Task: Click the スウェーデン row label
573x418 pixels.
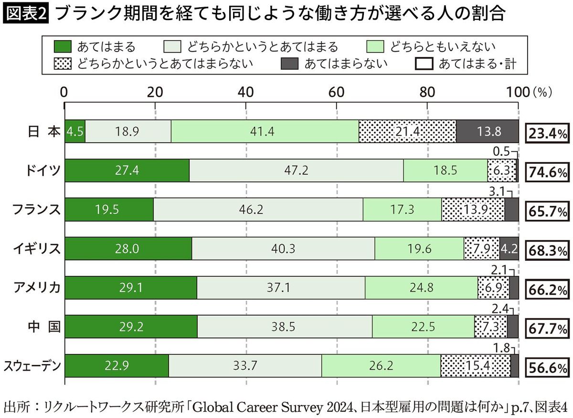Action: click(32, 366)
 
